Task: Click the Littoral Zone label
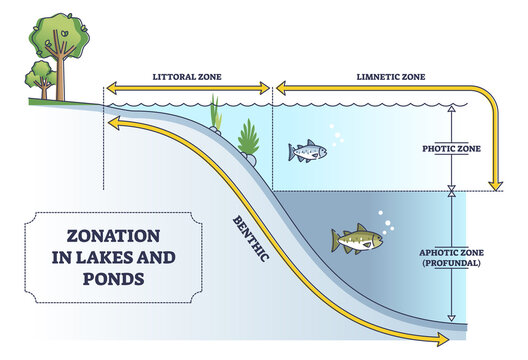click(x=188, y=76)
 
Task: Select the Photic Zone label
click(x=453, y=148)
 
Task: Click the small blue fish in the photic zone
click(x=307, y=151)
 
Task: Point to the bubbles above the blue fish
click(x=336, y=133)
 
